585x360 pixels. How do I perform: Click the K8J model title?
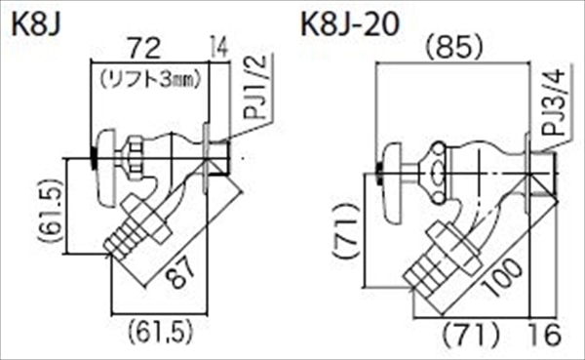[37, 23]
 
